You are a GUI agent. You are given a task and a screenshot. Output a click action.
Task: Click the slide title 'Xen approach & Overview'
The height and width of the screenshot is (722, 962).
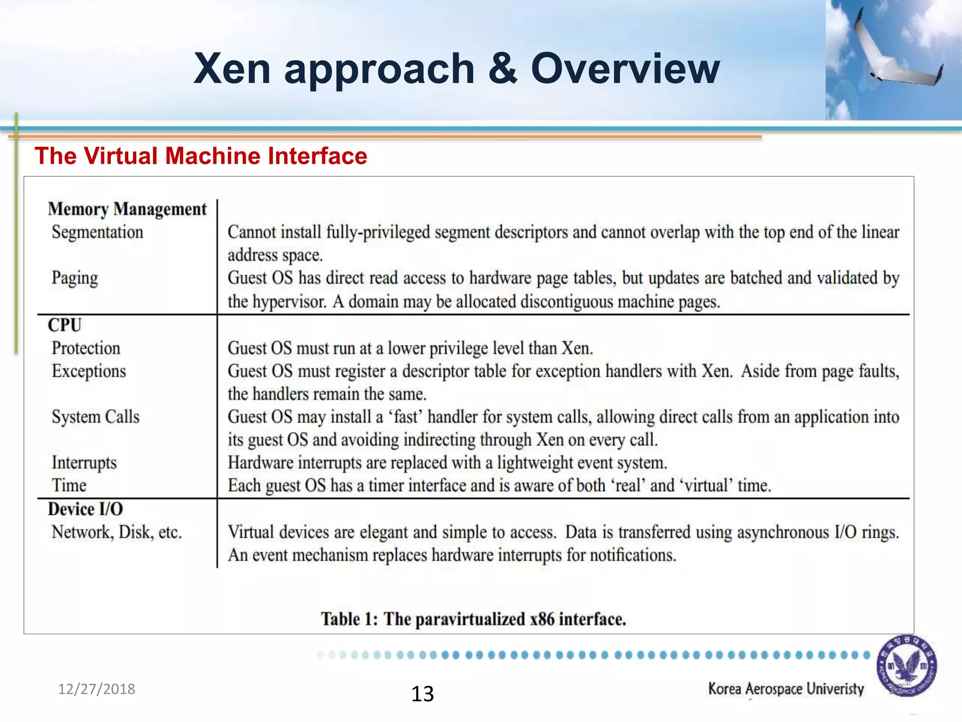tap(456, 69)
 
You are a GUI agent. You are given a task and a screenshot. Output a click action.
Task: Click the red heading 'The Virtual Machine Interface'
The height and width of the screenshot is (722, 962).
tap(201, 156)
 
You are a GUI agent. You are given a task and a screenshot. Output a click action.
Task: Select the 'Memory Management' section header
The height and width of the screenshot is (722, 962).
tap(127, 209)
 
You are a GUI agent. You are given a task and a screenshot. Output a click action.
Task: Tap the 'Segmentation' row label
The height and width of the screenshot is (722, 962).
tap(97, 232)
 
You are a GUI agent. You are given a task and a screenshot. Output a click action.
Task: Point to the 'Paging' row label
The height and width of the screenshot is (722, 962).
tap(75, 278)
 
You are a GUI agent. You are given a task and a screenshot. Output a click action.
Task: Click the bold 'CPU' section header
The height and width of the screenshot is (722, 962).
tap(65, 325)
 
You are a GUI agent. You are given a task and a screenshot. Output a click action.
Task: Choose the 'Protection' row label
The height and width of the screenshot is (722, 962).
tap(86, 348)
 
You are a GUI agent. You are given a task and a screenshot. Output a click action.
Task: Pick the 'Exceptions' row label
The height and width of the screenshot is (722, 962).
tap(89, 371)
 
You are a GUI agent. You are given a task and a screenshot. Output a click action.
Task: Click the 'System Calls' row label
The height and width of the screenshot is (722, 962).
tap(95, 417)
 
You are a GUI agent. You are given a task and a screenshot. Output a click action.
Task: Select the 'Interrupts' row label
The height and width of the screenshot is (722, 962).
tap(84, 463)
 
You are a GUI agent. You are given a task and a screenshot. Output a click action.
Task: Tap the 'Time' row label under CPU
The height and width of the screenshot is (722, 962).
tap(69, 486)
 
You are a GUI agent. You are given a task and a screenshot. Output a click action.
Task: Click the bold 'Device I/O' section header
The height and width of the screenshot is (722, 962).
tap(85, 509)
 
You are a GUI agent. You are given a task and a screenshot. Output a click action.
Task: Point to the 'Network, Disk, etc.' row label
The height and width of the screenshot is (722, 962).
tap(116, 532)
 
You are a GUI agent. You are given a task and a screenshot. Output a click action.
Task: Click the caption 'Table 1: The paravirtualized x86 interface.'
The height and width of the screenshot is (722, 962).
tap(473, 619)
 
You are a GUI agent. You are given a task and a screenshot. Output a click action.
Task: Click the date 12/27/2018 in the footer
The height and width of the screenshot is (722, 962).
tap(96, 689)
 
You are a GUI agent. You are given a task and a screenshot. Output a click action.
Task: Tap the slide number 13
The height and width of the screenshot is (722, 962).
tap(422, 694)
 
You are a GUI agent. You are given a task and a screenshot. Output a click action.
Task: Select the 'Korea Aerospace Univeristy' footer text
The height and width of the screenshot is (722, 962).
tap(786, 689)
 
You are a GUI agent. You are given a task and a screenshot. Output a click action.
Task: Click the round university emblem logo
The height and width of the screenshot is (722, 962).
tap(906, 666)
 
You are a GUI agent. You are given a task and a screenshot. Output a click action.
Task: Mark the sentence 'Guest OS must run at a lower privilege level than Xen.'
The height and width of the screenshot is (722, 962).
tap(410, 348)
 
